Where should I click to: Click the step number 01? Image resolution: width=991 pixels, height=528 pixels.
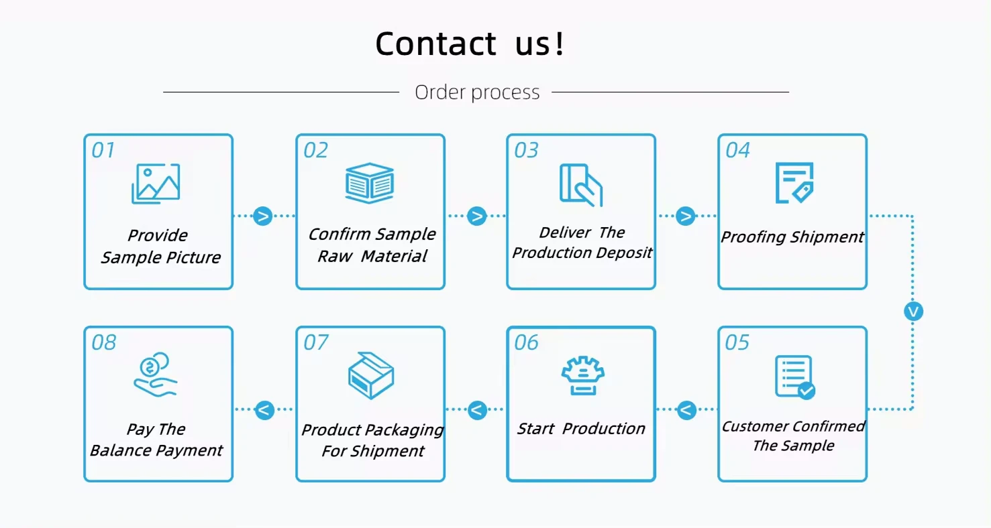(103, 150)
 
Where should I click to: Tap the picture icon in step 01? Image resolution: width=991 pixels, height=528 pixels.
(156, 183)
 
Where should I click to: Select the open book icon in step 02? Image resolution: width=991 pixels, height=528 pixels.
(369, 182)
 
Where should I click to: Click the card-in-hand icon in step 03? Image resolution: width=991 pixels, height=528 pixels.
(581, 184)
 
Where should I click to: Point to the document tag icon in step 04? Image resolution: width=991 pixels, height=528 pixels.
(794, 182)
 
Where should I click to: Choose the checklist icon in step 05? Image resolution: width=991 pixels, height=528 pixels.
(794, 377)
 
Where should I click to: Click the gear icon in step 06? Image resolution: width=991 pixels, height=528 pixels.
(582, 375)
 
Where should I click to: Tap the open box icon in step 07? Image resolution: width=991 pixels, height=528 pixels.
(370, 375)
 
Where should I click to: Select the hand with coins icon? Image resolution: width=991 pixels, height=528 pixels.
(155, 375)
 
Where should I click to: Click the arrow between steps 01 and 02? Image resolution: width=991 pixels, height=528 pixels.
(263, 216)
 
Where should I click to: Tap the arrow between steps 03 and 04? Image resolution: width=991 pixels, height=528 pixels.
(686, 216)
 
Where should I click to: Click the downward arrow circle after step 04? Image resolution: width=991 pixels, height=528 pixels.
(913, 312)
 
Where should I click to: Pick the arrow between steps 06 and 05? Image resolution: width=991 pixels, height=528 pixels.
(686, 409)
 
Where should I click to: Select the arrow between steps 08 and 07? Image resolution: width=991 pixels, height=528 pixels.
(265, 409)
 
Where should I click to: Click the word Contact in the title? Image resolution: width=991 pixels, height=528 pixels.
(435, 44)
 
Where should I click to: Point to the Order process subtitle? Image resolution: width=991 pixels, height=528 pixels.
(477, 92)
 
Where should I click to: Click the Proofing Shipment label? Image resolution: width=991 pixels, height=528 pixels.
(792, 237)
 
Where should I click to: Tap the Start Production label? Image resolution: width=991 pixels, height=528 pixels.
(581, 429)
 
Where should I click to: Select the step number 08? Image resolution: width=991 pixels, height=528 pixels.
(104, 343)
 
